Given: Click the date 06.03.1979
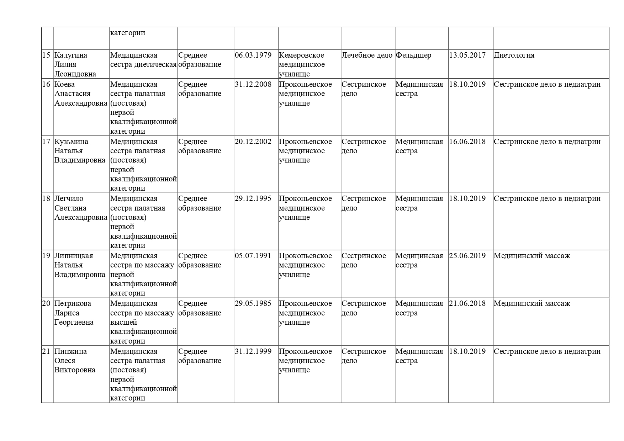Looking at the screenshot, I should coord(253,55).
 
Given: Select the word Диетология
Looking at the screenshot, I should coord(514,55).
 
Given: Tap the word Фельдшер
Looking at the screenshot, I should coord(413,55).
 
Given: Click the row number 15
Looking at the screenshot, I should coord(46,55).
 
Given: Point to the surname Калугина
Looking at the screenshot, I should coord(71,55).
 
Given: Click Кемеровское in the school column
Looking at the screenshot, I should coord(301,55).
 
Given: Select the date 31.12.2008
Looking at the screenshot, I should coord(253,84).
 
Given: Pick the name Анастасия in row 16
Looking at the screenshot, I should coord(72,94).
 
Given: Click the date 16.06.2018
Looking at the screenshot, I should coord(467,142).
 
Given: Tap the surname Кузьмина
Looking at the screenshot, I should coord(71,142).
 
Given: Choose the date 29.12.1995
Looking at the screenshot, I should coord(253,198).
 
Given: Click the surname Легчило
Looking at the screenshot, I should coord(69,198).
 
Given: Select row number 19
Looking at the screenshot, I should coord(46,256).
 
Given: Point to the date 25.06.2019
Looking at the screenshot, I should coord(467,256).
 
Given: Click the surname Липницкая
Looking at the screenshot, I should coord(74,256).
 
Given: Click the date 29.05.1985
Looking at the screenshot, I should coord(253,303).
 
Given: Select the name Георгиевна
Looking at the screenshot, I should coord(74,322).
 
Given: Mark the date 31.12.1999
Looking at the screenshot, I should coord(253,351).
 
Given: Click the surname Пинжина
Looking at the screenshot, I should coord(70,351).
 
